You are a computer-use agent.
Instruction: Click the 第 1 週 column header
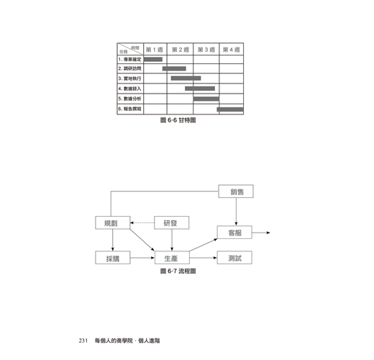click(x=155, y=50)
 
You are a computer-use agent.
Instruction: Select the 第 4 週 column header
click(x=231, y=50)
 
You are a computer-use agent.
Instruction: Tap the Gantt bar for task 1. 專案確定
click(x=153, y=59)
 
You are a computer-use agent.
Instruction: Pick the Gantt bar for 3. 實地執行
click(x=186, y=78)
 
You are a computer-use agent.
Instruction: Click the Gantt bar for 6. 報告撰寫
click(x=230, y=109)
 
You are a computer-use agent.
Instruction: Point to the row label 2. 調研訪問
click(x=129, y=68)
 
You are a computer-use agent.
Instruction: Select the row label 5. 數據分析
click(x=129, y=99)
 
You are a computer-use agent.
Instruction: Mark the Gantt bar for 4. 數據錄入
click(x=200, y=89)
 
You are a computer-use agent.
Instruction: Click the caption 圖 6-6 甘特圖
click(x=178, y=120)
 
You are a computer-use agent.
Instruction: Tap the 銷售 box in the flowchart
click(x=236, y=192)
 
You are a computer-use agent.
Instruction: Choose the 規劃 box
click(x=113, y=222)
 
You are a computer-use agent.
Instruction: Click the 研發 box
click(x=171, y=222)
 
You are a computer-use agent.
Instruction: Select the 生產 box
click(x=172, y=258)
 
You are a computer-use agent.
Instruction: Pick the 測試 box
click(x=234, y=258)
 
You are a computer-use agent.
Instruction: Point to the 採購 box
click(x=113, y=258)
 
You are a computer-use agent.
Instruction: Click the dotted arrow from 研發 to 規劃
click(x=142, y=222)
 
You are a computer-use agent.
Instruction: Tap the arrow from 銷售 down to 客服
click(x=236, y=212)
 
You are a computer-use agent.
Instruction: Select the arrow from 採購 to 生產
click(x=142, y=258)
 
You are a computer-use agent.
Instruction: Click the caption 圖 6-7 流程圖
click(x=178, y=271)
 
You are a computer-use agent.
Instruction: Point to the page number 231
click(x=83, y=341)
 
